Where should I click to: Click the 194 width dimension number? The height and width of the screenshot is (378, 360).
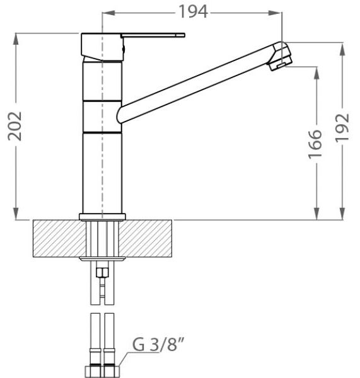[x=193, y=12]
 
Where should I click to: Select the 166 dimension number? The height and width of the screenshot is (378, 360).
[x=315, y=144]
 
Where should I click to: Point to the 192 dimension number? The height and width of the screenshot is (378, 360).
[x=342, y=127]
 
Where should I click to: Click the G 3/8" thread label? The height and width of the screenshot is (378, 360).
[x=158, y=344]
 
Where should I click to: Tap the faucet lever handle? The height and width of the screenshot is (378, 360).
[x=153, y=35]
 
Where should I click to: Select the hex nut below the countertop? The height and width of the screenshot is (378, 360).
[x=102, y=273]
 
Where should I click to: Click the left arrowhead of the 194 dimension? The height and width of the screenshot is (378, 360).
[x=108, y=13]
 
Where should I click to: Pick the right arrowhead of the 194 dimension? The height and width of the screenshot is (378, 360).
[x=276, y=13]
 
